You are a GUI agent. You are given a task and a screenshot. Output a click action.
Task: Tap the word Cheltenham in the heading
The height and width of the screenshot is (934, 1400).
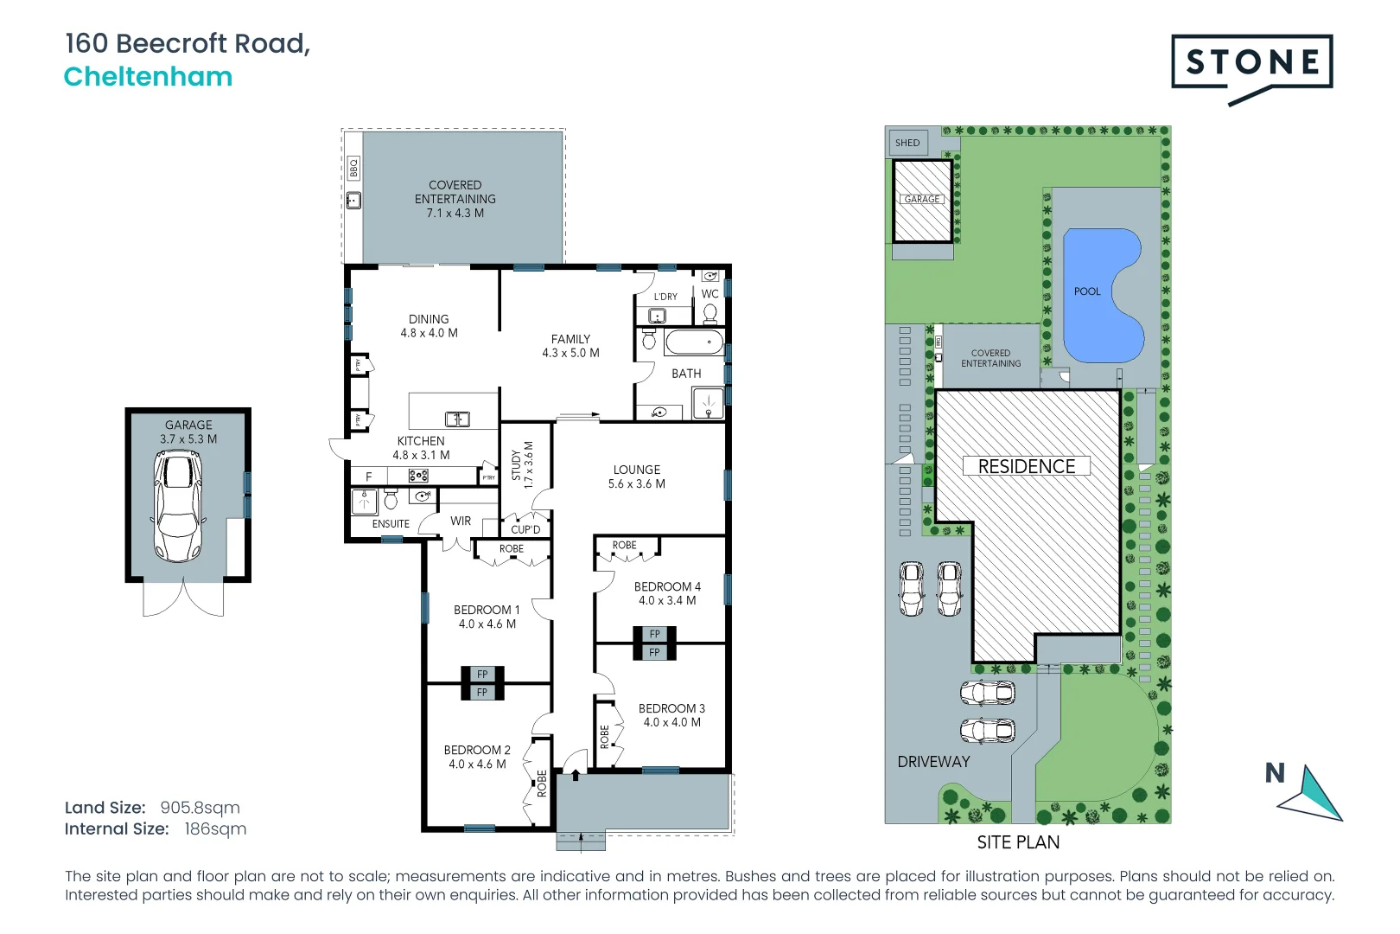click(148, 77)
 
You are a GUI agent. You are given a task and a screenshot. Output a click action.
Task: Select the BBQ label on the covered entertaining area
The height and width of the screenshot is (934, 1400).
click(353, 168)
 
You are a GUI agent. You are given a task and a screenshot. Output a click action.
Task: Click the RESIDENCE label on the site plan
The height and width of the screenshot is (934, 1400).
click(1026, 466)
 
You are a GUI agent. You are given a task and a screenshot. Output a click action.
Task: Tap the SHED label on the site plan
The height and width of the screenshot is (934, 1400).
click(907, 143)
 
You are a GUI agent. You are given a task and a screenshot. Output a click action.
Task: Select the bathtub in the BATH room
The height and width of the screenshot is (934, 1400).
click(694, 342)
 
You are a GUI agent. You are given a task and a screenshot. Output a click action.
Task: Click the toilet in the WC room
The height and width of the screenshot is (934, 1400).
click(710, 311)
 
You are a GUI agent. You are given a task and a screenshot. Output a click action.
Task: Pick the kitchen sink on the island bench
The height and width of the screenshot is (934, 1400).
click(456, 419)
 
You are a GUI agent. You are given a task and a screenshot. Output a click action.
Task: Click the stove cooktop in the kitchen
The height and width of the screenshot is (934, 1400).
click(418, 476)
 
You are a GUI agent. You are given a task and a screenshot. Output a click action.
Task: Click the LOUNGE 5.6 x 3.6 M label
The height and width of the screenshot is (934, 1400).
click(637, 477)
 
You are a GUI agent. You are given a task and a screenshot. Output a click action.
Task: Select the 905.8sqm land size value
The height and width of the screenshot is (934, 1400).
click(200, 808)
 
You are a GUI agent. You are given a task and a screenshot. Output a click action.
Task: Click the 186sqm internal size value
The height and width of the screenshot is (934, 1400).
click(215, 829)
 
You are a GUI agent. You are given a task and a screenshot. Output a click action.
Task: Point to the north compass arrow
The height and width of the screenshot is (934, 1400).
click(1314, 792)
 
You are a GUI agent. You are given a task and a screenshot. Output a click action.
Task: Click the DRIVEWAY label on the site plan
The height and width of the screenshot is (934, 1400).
click(933, 762)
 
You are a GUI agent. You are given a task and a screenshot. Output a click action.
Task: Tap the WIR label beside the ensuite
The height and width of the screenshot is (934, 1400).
click(461, 521)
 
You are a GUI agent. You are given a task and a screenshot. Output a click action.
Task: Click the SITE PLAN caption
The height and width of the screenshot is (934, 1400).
click(1018, 842)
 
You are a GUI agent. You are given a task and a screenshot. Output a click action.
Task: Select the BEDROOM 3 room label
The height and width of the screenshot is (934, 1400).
click(671, 715)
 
